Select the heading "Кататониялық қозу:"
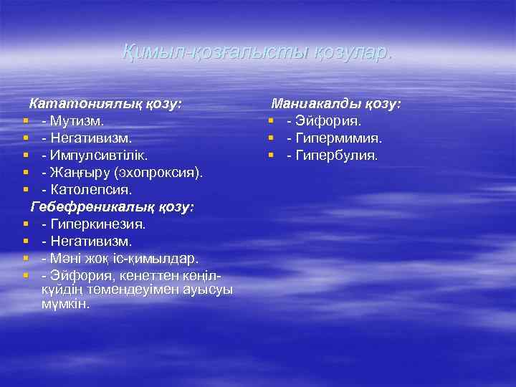point(105,104)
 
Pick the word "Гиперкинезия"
point(97,224)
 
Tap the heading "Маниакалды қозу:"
point(335,104)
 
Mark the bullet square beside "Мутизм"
point(25,120)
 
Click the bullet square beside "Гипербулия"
point(272,156)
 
